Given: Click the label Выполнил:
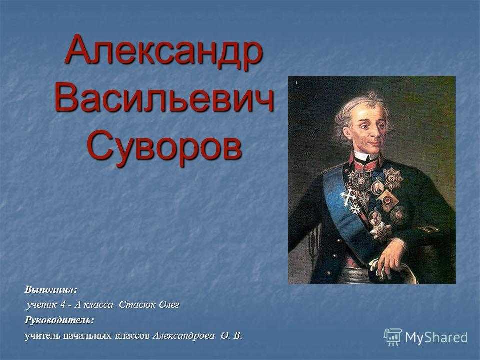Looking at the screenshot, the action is [51, 289].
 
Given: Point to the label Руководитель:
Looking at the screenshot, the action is [59, 320].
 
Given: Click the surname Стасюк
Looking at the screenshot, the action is [137, 305].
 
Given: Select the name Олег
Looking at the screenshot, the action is [169, 305].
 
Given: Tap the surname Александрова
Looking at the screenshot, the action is [183, 336].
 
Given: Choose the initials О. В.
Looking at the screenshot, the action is [232, 336].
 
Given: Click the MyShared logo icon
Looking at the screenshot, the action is [393, 337].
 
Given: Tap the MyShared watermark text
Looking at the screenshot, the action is [436, 337].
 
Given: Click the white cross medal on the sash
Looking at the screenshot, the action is [347, 197].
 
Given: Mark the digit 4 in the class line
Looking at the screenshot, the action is [63, 305].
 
